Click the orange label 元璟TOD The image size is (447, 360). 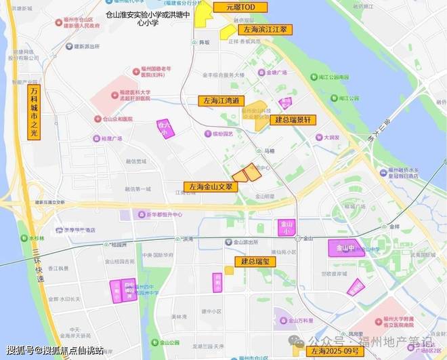240,7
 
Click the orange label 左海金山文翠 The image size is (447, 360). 211,186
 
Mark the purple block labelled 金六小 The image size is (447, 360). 165,129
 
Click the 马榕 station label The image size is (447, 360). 269,151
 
